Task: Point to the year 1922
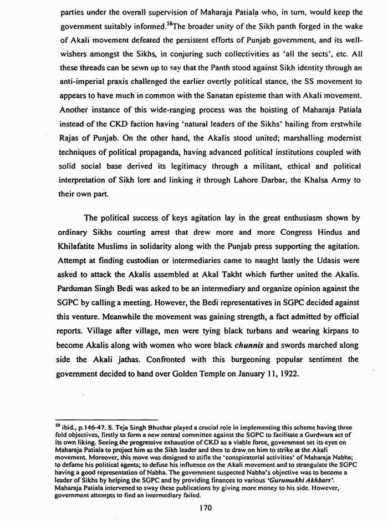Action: [x=288, y=375]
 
